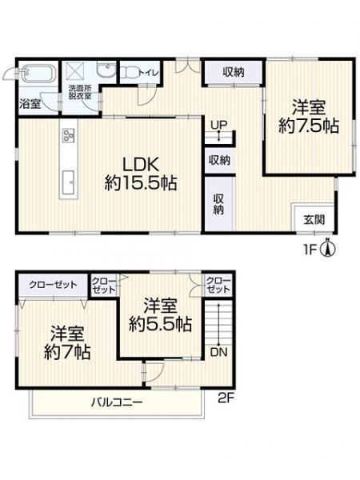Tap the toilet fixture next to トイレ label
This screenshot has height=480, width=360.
[x=129, y=71]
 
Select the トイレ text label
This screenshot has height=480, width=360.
[x=149, y=72]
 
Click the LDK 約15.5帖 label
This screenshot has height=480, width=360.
[x=141, y=172]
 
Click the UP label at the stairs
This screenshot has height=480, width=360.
[x=218, y=125]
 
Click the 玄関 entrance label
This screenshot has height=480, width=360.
[x=313, y=218]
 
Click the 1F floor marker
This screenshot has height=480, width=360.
[x=310, y=249]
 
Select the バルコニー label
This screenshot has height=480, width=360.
[x=116, y=402]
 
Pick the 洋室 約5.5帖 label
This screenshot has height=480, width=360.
[x=161, y=314]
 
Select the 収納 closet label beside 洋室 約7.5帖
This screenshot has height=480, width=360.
[x=233, y=72]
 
